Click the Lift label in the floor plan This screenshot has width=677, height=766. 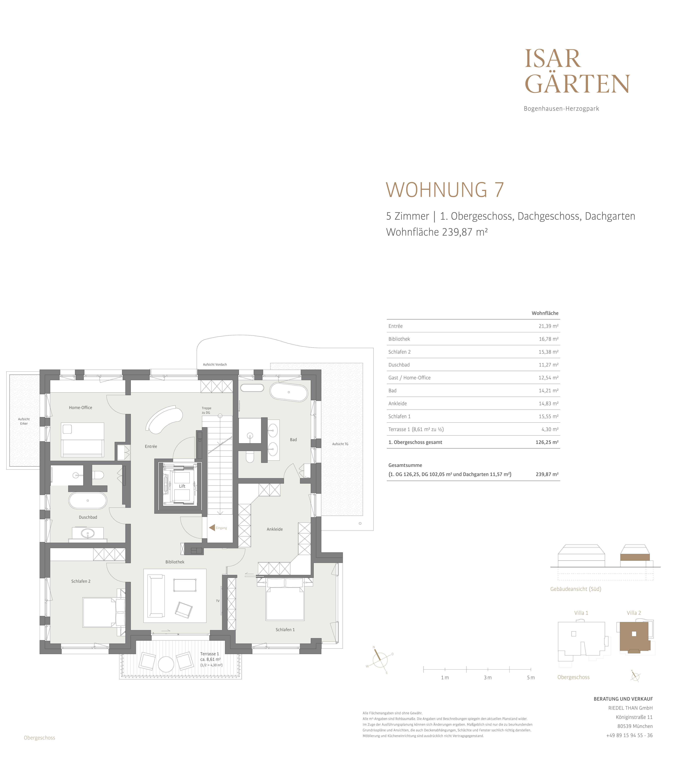click(x=182, y=486)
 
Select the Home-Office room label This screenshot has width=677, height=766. click(x=81, y=408)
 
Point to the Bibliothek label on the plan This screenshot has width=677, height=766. click(x=175, y=562)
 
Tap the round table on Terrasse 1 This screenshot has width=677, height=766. click(x=166, y=664)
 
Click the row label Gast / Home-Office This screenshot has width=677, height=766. click(x=410, y=378)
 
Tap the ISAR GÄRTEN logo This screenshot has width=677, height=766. click(x=577, y=71)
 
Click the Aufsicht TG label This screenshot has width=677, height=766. click(x=340, y=444)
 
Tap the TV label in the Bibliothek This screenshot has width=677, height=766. click(x=218, y=601)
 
